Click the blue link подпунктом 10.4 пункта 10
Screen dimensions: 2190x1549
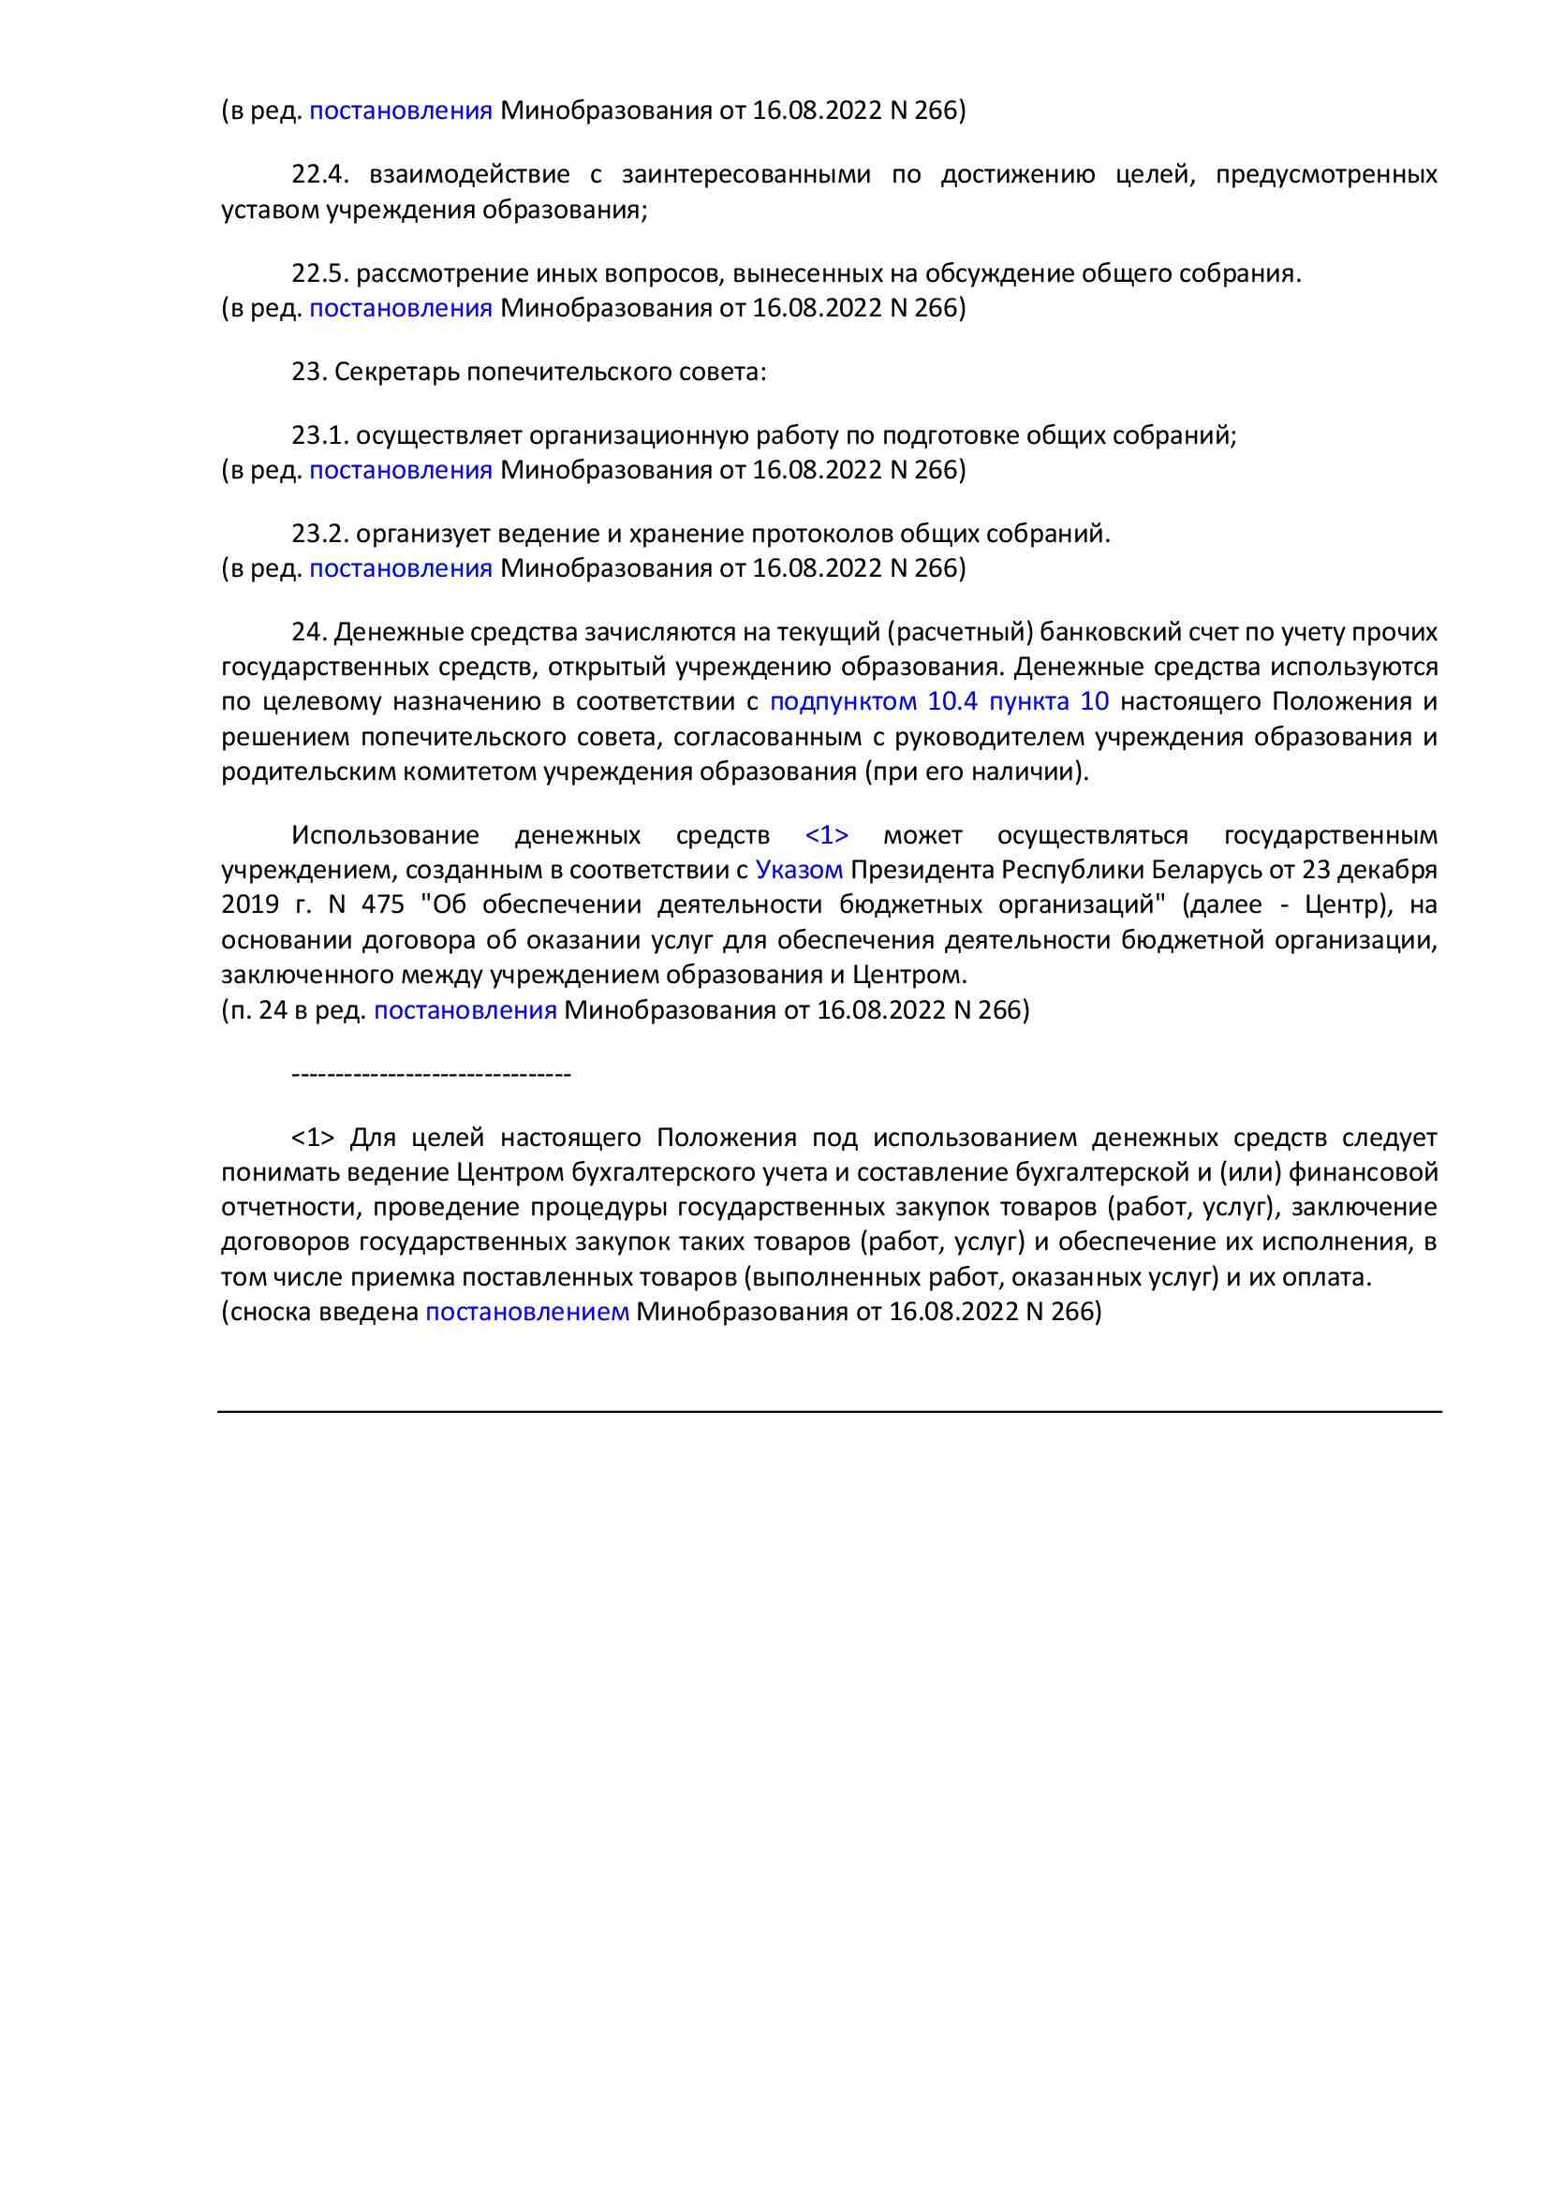tap(938, 701)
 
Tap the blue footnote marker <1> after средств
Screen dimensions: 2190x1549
tap(826, 835)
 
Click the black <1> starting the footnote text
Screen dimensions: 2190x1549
tap(313, 1137)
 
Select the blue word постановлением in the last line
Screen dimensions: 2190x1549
tap(526, 1312)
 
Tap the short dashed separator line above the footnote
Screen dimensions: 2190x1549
tap(430, 1075)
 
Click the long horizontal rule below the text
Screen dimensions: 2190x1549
tap(829, 1412)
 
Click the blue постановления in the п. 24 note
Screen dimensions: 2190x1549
tap(465, 1009)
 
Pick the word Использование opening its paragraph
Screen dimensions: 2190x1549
tap(384, 835)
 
